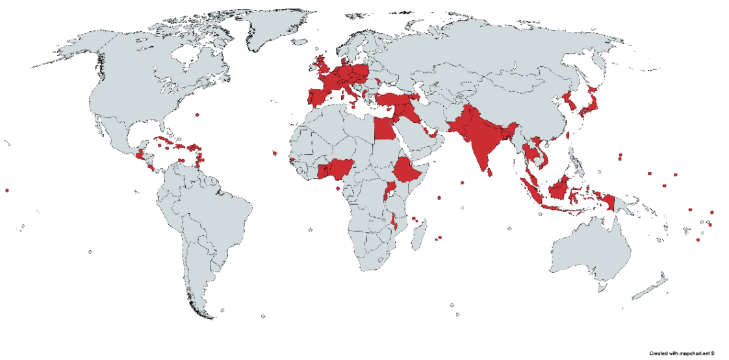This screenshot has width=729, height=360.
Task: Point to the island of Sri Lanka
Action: (490, 171)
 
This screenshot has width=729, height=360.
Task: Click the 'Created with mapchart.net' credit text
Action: (681, 353)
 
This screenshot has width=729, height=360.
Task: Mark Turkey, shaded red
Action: (393, 100)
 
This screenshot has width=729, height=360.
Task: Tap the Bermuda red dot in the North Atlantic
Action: (197, 115)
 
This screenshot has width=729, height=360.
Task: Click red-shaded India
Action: (481, 140)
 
